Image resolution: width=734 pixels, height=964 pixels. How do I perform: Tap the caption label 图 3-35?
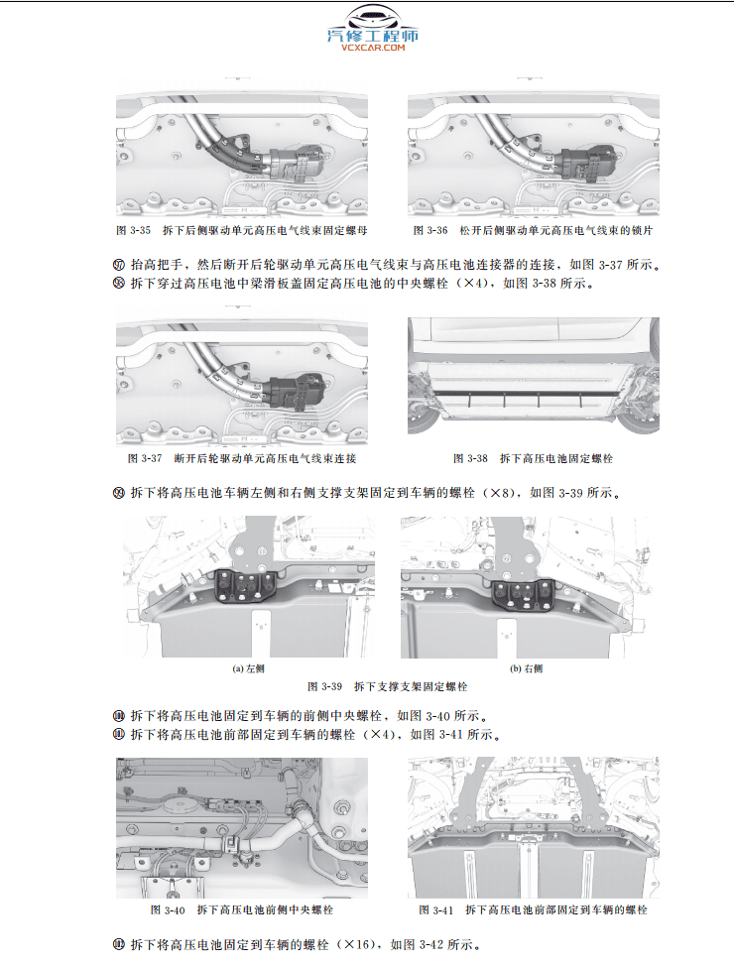click(134, 230)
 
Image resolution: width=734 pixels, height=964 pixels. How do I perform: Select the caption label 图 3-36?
click(431, 230)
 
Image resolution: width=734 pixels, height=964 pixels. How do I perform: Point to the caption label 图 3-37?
click(145, 459)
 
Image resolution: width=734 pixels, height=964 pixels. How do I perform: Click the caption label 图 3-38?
click(471, 459)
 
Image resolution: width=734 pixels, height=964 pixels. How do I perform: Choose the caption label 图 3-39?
click(325, 686)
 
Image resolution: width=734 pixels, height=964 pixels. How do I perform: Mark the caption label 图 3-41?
click(435, 909)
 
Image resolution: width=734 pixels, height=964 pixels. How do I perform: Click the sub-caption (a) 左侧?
click(248, 668)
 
